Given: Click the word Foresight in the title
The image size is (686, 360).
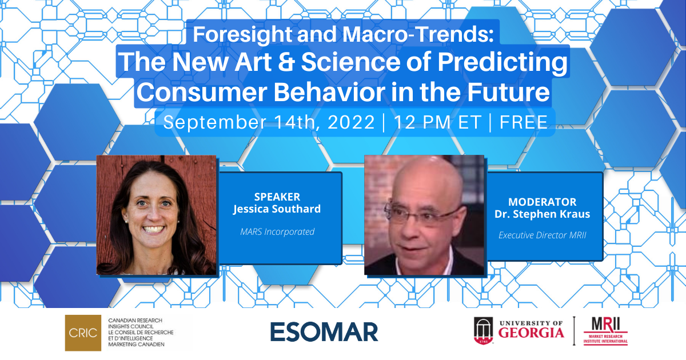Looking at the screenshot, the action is coord(242,34).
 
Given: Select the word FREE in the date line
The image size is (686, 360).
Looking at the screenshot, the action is coord(524,122).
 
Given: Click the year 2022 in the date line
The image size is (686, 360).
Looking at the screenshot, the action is coord(351,122).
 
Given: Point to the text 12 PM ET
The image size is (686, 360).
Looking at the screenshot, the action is coord(438,122).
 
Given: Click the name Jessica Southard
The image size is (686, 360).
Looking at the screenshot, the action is coord(277,209).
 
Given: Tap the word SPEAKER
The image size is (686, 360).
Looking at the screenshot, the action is coord(277,197).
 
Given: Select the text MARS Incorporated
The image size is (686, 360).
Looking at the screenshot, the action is coord(277,232).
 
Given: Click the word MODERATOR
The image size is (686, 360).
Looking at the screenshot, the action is coord(543,202).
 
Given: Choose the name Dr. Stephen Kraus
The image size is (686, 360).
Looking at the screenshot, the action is coord(543,214).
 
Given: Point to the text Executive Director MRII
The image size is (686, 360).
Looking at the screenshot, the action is coord(543,235).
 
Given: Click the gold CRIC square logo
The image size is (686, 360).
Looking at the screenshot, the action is coord(83,333).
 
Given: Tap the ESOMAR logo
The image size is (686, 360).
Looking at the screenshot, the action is coord(324,332).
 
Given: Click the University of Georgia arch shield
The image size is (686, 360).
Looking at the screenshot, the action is coord(483,331).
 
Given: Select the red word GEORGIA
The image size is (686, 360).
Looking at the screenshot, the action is coord(531,333).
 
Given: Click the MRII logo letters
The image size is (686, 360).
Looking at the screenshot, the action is coord(605,325).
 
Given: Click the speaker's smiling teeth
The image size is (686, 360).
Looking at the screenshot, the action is coord(153,229).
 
